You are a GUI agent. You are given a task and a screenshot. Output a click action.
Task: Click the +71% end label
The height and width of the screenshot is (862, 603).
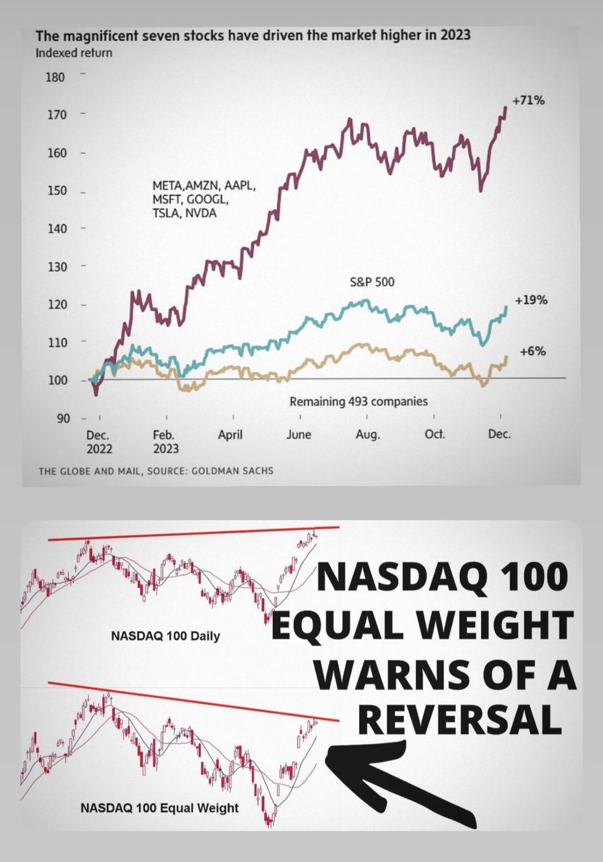pyautogui.click(x=528, y=101)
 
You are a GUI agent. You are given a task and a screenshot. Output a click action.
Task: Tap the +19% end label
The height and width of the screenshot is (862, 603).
pyautogui.click(x=530, y=300)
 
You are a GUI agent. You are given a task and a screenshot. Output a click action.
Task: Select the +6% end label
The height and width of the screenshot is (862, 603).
pyautogui.click(x=533, y=352)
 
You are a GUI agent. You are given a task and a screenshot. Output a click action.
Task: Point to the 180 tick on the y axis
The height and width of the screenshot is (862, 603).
pyautogui.click(x=55, y=77)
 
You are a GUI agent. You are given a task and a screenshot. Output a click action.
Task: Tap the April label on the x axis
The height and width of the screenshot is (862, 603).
pyautogui.click(x=230, y=435)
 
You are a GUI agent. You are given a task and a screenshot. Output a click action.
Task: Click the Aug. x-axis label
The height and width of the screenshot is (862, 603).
pyautogui.click(x=368, y=435)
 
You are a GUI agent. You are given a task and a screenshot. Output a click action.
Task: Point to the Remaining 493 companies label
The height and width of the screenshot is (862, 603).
pyautogui.click(x=358, y=402)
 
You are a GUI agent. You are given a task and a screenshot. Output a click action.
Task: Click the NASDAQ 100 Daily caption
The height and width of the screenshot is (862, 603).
pyautogui.click(x=166, y=636)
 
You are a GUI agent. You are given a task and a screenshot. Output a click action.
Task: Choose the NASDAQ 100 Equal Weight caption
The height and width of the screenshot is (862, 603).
pyautogui.click(x=160, y=807)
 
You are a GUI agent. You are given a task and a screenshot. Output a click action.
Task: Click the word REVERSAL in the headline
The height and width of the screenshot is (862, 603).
pyautogui.click(x=459, y=721)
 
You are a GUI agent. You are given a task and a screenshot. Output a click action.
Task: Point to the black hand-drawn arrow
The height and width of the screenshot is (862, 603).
pyautogui.click(x=398, y=781)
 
